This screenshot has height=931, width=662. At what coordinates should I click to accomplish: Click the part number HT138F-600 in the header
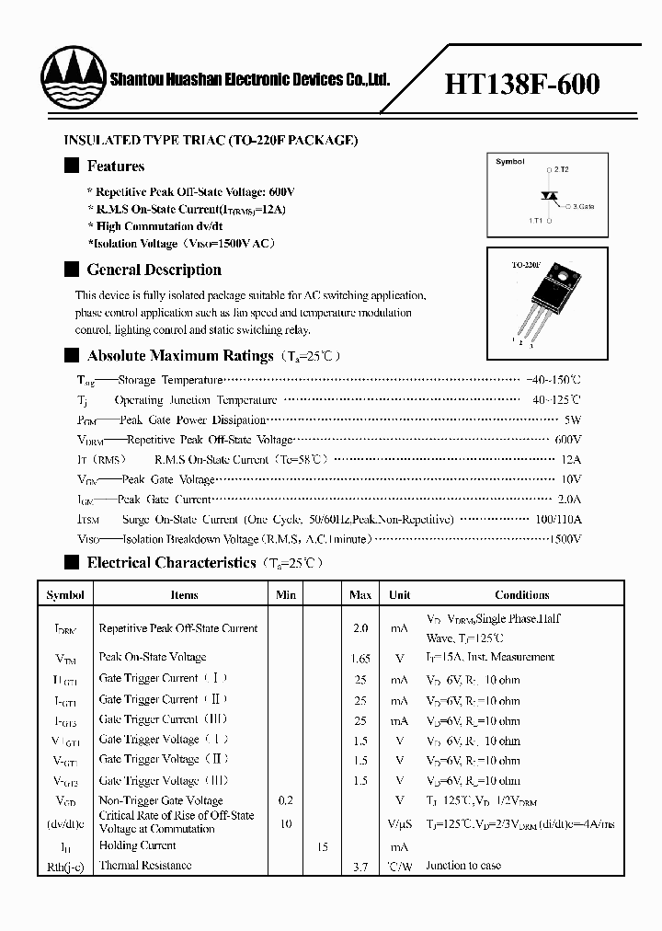pyautogui.click(x=522, y=85)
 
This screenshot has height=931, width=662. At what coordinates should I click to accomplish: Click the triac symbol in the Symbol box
pyautogui.click(x=551, y=196)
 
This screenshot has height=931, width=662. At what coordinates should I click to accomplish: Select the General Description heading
pyautogui.click(x=154, y=270)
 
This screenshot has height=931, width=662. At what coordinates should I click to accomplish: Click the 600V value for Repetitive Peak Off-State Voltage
pyautogui.click(x=568, y=440)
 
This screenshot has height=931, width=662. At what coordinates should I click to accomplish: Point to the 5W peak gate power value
pyautogui.click(x=573, y=420)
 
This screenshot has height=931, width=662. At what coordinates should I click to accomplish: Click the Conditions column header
pyautogui.click(x=521, y=595)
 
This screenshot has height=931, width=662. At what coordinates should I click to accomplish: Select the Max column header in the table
pyautogui.click(x=360, y=595)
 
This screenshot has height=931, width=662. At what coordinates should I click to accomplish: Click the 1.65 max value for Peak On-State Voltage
pyautogui.click(x=360, y=658)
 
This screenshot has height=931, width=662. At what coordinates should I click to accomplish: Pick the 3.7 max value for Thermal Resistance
pyautogui.click(x=360, y=866)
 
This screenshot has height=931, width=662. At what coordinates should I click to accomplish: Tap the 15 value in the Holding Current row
pyautogui.click(x=322, y=846)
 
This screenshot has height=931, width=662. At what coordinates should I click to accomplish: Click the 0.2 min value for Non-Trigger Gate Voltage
pyautogui.click(x=286, y=801)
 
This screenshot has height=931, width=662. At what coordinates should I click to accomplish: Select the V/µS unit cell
pyautogui.click(x=399, y=823)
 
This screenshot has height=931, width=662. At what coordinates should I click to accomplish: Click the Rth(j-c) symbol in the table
pyautogui.click(x=65, y=866)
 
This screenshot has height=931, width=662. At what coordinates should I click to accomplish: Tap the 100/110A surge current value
pyautogui.click(x=558, y=520)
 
